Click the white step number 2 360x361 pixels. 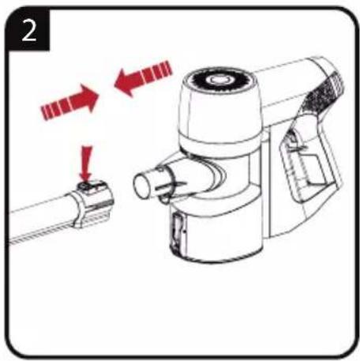point(28,31)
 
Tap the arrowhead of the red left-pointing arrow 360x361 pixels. point(124,82)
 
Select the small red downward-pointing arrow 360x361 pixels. point(86,164)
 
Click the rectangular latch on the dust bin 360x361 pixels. point(177,228)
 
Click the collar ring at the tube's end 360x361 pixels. point(93,203)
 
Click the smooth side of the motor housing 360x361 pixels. point(220,112)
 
